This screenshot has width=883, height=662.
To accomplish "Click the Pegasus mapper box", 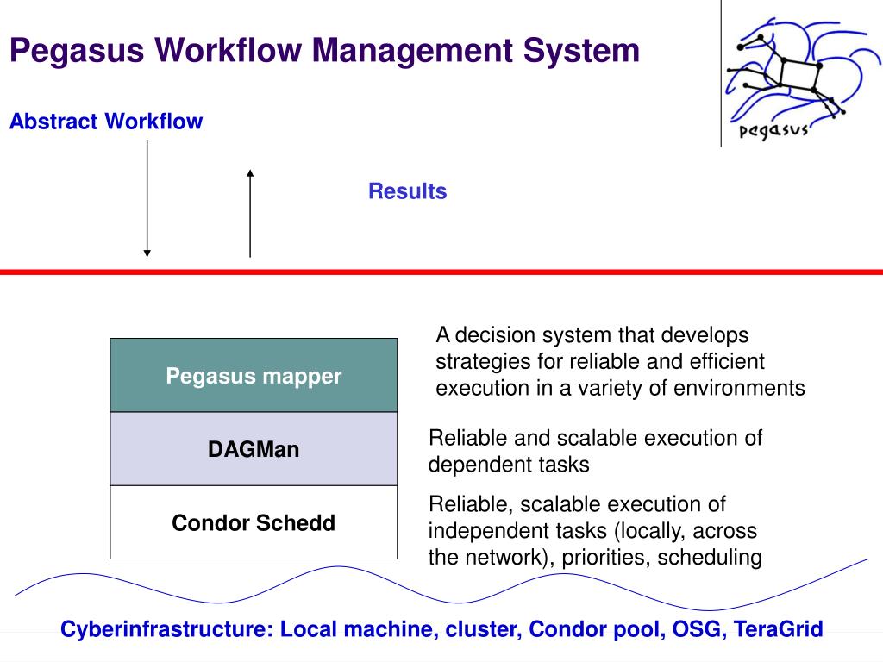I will tap(254, 376).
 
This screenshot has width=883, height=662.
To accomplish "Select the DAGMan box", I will tap(254, 449).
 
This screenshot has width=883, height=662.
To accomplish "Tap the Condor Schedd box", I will tap(254, 522).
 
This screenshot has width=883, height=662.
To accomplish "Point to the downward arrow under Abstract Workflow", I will tap(147, 198).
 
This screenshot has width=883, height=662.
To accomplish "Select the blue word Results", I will tap(407, 191).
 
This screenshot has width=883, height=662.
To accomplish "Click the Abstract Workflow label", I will tap(106, 122).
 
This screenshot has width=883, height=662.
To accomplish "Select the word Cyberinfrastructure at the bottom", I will tap(166, 629).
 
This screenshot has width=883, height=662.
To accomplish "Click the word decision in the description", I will tap(490, 334).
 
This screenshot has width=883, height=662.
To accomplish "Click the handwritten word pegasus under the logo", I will tap(773, 131).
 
